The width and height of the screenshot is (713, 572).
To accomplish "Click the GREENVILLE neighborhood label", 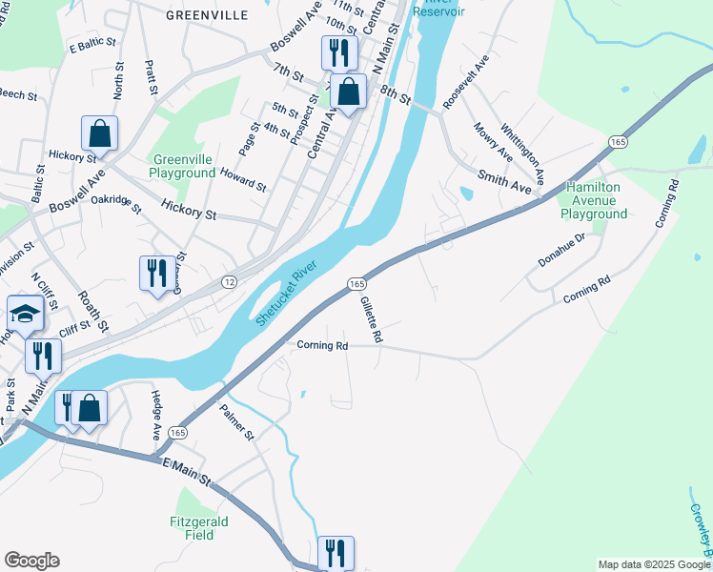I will (x=207, y=15).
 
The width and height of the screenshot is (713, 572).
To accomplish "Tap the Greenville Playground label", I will (x=182, y=167).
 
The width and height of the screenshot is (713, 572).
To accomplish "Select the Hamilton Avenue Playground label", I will (x=594, y=201).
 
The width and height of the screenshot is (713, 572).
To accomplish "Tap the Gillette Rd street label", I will (x=371, y=318).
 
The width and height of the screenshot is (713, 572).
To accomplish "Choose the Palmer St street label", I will (x=237, y=421).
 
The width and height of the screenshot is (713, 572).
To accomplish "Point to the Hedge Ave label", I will (x=157, y=414).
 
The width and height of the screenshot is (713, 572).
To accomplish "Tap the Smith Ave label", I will (x=504, y=177).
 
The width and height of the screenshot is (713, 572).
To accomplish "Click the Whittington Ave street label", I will (x=530, y=148).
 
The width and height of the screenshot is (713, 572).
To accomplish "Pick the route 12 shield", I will (x=229, y=281).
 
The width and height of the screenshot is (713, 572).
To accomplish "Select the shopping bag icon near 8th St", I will (x=349, y=92).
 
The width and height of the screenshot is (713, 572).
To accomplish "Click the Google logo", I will (x=31, y=561).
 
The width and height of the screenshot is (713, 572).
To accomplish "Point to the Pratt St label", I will (x=152, y=77).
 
